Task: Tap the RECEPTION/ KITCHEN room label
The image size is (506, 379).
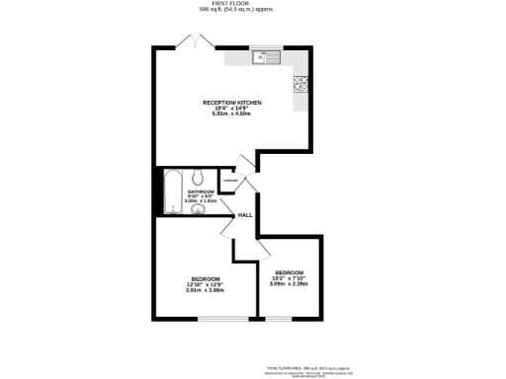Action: [x=232, y=103]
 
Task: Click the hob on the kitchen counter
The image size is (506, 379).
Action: [x=299, y=84]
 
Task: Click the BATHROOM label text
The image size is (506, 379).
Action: [x=201, y=192]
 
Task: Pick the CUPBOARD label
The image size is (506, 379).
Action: [x=230, y=181]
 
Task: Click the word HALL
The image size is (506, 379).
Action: [x=244, y=213]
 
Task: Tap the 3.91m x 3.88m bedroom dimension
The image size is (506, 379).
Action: [x=205, y=289]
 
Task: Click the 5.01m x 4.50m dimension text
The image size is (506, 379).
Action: [x=232, y=114]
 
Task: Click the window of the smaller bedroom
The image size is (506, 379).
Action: [x=280, y=319]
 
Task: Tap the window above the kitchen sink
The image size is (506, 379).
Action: [x=268, y=46]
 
